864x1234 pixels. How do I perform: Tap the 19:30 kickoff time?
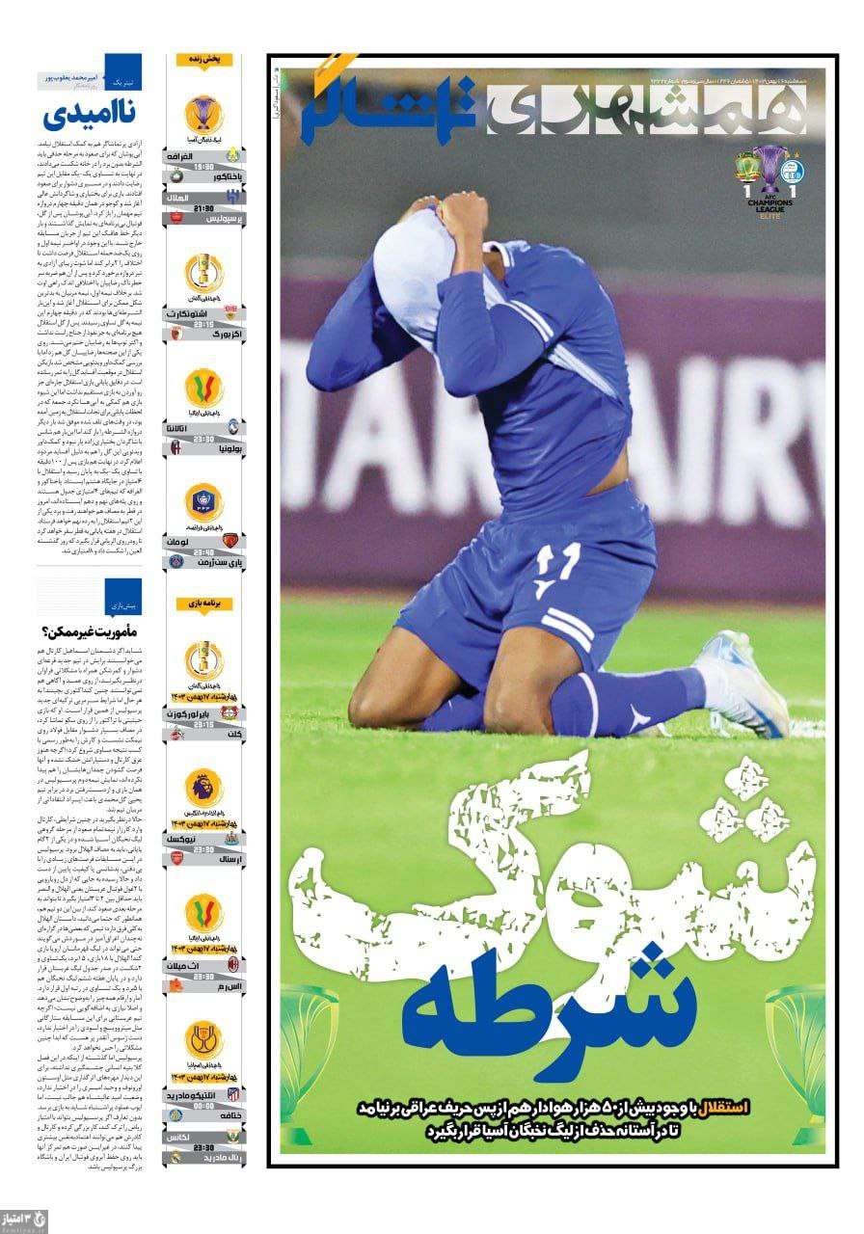(203, 166)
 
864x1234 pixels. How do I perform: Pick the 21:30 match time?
(203, 207)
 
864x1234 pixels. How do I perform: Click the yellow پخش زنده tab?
(203, 59)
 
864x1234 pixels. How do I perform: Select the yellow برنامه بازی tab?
(203, 604)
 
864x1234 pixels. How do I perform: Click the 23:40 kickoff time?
(203, 552)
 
